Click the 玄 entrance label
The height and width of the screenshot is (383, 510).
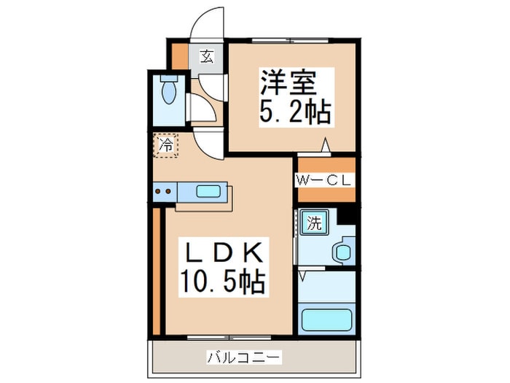click(207, 56)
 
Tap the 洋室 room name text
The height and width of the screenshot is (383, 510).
click(288, 82)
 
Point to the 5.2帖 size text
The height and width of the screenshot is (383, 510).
click(295, 111)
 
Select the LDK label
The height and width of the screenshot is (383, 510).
click(224, 253)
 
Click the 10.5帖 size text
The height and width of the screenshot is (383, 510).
click(222, 282)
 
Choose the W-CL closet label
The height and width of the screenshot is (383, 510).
click(324, 180)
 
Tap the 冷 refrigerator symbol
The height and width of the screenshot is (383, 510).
click(166, 146)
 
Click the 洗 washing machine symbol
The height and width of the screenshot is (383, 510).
click(314, 223)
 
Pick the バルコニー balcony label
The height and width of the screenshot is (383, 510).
click(243, 357)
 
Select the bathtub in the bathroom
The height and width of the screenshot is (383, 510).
click(327, 320)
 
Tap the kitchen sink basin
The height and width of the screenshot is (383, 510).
click(208, 191)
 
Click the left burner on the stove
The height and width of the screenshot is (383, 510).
click(158, 191)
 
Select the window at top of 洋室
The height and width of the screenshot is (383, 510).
click(291, 41)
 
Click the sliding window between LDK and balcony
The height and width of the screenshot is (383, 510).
click(229, 337)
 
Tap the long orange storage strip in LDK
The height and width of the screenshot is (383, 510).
click(157, 271)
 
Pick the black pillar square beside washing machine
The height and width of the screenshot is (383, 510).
click(346, 216)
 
